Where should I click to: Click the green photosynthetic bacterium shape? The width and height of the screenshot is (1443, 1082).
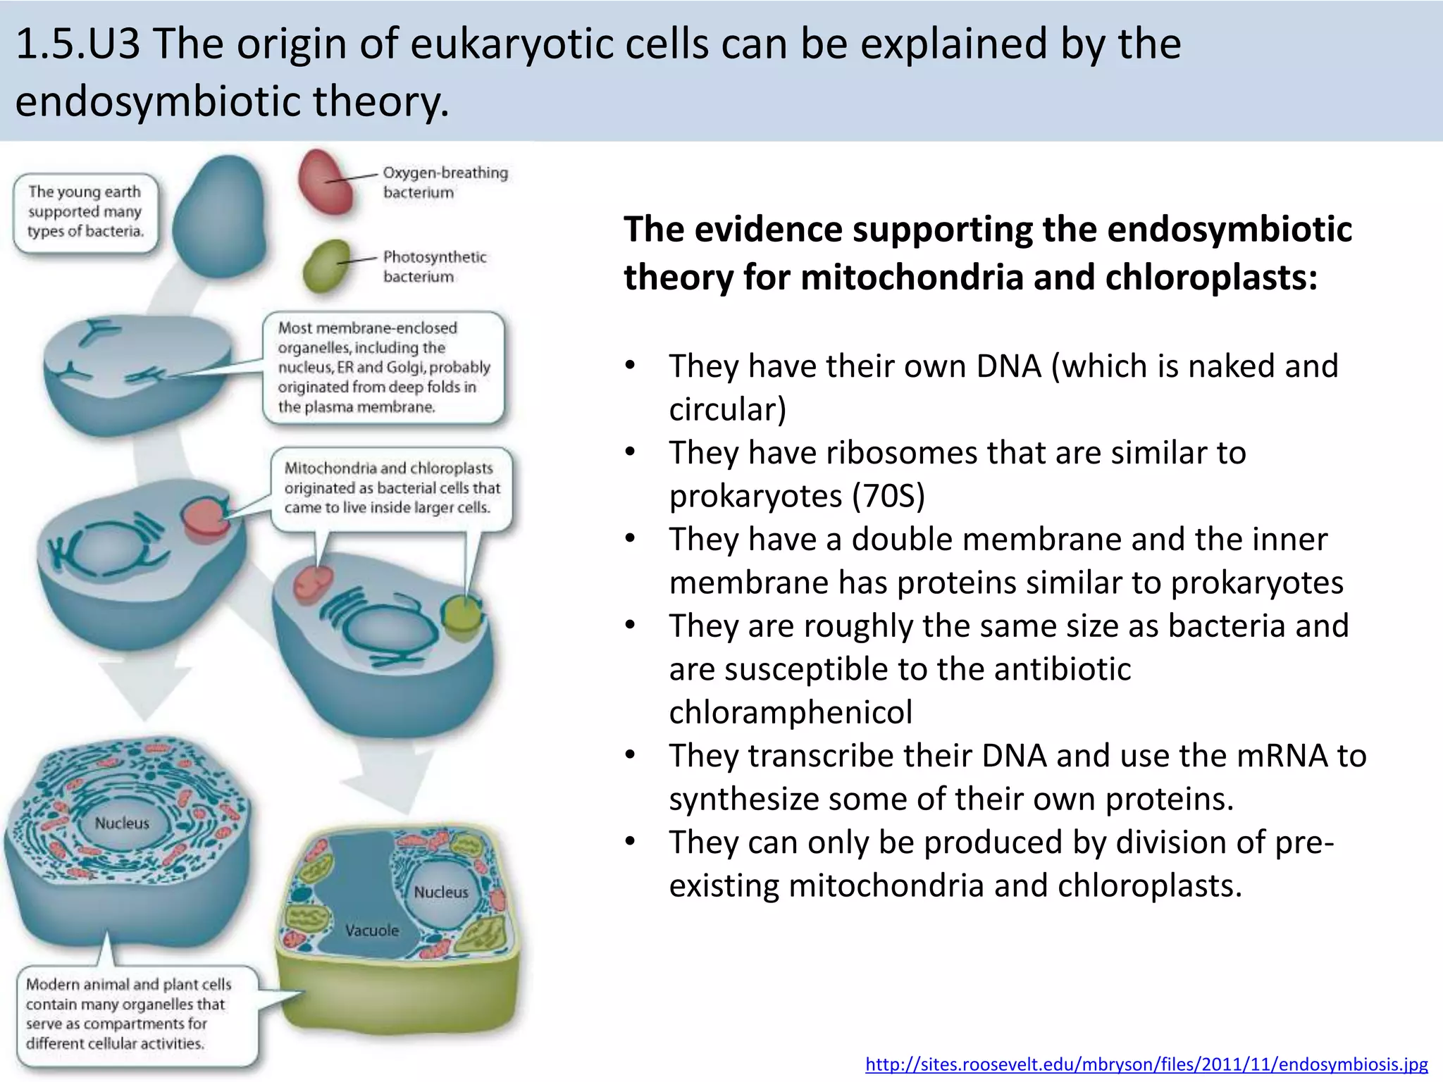[x=327, y=266]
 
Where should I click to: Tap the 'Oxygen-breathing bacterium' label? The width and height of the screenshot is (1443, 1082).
[x=445, y=182]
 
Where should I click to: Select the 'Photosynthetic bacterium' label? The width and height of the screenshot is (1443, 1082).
[x=434, y=266]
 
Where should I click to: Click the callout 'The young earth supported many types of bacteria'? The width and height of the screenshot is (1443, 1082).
[x=85, y=211]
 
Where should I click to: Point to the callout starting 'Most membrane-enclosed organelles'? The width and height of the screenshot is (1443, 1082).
[x=383, y=367]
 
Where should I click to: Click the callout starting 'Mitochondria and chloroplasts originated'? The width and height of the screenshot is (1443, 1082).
[x=392, y=487]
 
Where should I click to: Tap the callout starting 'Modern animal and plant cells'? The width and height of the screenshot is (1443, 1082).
[x=128, y=1013]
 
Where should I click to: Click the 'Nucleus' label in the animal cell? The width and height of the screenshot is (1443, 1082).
[x=122, y=823]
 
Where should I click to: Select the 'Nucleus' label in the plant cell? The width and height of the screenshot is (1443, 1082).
[x=440, y=892]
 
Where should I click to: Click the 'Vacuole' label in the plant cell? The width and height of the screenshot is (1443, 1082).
[x=371, y=930]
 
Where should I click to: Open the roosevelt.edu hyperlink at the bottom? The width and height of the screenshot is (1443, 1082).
[x=1146, y=1064]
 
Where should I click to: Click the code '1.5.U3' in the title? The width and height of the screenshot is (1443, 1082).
[x=78, y=44]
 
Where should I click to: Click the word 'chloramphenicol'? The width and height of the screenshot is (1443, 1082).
[x=790, y=711]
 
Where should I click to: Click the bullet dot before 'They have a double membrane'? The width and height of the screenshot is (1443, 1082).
[x=630, y=539]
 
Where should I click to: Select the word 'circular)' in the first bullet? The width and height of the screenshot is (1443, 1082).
[x=727, y=409]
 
